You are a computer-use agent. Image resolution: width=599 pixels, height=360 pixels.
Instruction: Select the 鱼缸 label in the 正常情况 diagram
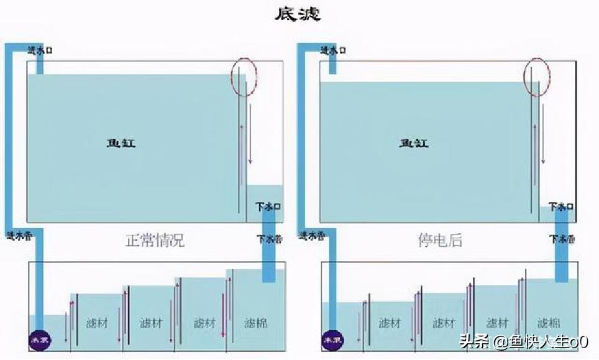pos(121,144)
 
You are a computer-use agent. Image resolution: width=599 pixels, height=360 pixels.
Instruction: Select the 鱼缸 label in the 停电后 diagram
pos(413,144)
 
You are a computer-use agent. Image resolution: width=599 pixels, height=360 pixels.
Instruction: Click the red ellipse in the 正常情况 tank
pos(244,76)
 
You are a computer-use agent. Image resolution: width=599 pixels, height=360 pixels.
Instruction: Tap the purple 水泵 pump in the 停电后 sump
pos(330,340)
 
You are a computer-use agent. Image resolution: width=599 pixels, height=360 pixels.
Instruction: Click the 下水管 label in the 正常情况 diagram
pos(269,239)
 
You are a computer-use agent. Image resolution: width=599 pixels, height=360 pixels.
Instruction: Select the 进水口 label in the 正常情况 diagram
pos(40,51)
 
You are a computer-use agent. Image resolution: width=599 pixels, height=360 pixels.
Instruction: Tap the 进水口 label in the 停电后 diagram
pos(332,51)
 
